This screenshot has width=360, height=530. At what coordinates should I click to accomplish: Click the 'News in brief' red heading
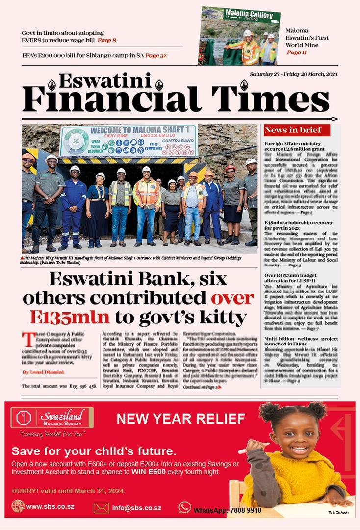293,130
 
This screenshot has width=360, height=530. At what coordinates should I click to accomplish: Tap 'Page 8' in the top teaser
107,40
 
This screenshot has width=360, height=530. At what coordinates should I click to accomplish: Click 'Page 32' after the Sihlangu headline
156,55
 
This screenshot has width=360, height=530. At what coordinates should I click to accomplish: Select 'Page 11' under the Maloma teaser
297,53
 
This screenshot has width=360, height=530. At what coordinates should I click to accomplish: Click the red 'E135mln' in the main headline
69,317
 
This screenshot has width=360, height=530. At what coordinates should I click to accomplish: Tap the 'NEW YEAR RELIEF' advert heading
180,419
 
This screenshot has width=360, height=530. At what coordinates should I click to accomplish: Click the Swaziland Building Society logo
52,418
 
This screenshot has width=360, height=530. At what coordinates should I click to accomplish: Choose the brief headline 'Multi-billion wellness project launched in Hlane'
301,342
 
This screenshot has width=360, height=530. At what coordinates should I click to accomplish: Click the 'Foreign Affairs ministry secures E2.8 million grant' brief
294,146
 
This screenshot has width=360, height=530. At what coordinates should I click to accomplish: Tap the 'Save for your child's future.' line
93,451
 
